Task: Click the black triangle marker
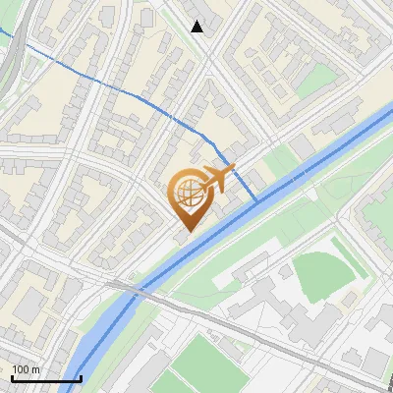[x=197, y=27]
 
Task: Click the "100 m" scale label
[x=27, y=368]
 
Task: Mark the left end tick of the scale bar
[x=12, y=378]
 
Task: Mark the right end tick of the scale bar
[x=81, y=378]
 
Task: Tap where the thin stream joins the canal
[x=257, y=201]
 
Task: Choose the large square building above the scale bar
[x=29, y=306]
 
